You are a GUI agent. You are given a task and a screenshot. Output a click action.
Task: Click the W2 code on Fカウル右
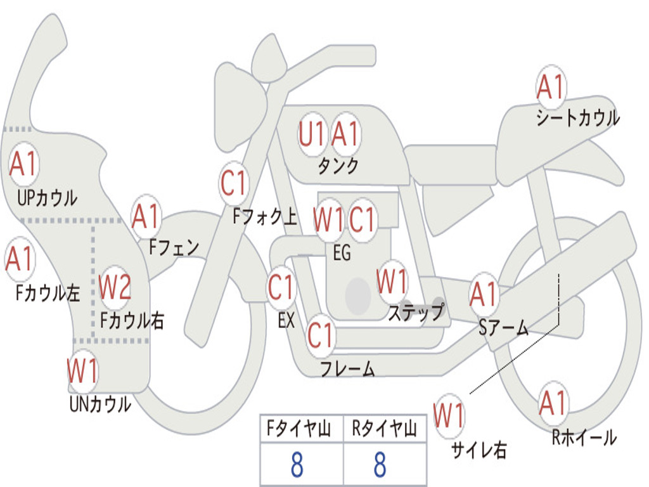coord(115,288)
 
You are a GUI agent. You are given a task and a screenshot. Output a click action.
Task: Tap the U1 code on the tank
coord(312,135)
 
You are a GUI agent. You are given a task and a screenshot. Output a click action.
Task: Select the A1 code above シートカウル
coord(550,88)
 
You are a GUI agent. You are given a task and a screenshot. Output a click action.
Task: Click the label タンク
coord(338,166)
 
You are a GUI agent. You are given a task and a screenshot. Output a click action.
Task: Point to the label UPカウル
coord(47,198)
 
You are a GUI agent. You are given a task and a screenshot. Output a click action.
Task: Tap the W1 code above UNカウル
coord(83,371)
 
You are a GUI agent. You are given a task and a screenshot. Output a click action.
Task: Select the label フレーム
coord(347,368)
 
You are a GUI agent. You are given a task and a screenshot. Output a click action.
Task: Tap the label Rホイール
coord(584,437)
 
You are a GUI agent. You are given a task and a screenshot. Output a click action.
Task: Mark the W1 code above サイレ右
coord(449,417)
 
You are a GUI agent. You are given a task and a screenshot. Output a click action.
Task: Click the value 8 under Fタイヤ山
coord(297,465)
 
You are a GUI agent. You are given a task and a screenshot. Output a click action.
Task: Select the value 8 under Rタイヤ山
coord(380,465)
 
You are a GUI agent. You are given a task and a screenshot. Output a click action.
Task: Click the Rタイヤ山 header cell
coord(384,430)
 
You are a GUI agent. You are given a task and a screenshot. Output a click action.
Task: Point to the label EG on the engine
coord(342,253)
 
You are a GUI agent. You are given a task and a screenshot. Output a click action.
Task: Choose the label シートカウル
coord(577,118)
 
